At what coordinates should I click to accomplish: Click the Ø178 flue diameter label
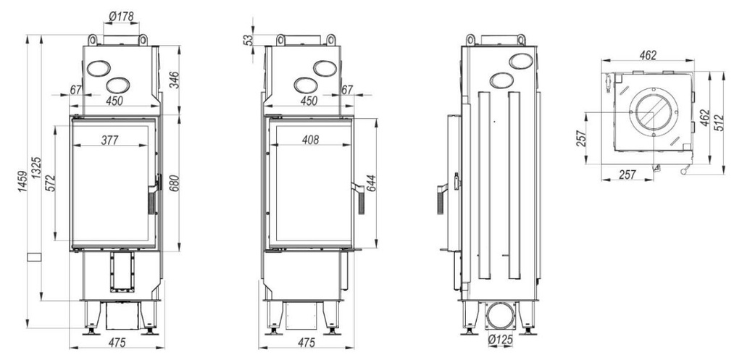pos(121,17)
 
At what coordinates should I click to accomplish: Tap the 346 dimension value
pos(173,80)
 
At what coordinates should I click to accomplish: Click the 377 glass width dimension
pos(110,140)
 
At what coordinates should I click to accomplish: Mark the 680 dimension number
pos(173,183)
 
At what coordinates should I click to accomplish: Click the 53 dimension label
pos(249,40)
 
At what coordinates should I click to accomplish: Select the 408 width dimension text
pos(310,140)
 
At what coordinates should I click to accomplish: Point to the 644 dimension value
pos(370,183)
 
